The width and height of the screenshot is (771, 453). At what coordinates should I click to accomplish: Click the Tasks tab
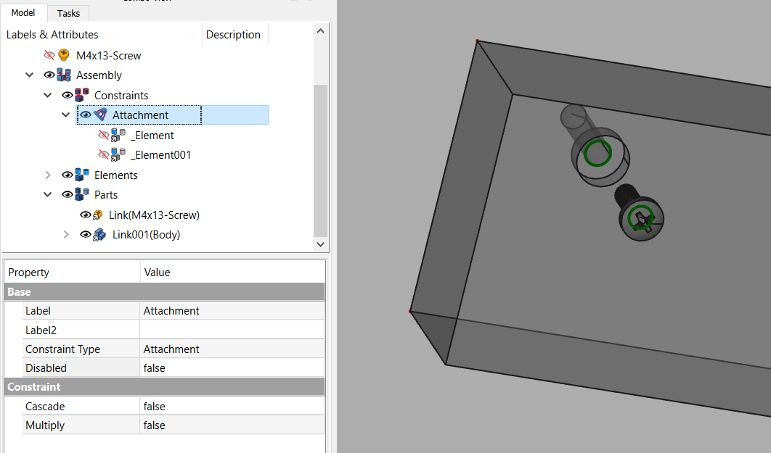(69, 13)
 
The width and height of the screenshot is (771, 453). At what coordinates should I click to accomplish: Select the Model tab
(23, 13)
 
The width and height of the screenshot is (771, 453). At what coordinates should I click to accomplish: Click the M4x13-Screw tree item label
(108, 55)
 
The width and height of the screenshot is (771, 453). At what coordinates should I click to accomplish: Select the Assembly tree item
(99, 75)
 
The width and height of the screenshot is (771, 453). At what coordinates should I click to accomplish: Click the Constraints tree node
(121, 96)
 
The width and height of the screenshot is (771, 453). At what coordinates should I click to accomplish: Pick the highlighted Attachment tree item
(140, 115)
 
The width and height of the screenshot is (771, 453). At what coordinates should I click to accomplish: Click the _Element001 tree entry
(160, 155)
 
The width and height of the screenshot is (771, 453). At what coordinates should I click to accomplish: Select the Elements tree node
(115, 175)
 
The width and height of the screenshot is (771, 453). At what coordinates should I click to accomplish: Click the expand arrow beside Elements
(48, 175)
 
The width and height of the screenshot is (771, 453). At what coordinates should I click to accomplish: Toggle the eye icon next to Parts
(68, 195)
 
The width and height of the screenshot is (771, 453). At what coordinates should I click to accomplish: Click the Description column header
(233, 35)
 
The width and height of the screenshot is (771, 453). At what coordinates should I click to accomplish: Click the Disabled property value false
(155, 368)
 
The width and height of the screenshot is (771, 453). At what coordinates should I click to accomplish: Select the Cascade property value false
(155, 407)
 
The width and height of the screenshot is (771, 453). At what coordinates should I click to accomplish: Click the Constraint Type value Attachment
(171, 349)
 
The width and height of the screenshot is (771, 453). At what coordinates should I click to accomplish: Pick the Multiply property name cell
(45, 425)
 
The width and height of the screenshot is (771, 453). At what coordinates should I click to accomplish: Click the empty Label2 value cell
(231, 330)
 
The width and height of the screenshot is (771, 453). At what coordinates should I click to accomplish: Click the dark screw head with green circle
(642, 217)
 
